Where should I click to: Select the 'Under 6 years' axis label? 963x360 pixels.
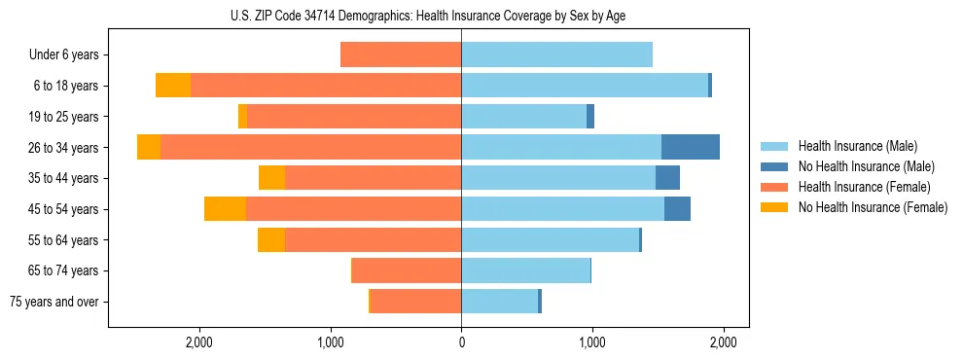point(64,55)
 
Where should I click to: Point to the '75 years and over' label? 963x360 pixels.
point(54,302)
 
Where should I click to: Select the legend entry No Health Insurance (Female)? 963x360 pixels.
point(872,207)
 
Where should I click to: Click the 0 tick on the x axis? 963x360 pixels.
point(461,342)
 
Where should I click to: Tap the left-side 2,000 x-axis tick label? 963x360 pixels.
point(199,342)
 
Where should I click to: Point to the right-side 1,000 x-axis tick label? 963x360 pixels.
point(591,342)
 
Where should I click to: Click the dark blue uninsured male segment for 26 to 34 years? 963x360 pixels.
point(691,147)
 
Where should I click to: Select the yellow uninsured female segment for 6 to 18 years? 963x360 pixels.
point(173,86)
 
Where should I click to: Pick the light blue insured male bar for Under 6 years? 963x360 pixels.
point(556,54)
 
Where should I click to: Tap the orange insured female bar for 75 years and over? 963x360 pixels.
point(416,302)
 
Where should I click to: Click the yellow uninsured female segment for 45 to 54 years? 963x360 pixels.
point(225,209)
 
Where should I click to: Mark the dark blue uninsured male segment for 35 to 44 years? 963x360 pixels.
point(667,178)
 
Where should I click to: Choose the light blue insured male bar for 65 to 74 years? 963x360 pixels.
point(525,270)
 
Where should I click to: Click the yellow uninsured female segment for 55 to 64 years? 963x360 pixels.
point(271,239)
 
